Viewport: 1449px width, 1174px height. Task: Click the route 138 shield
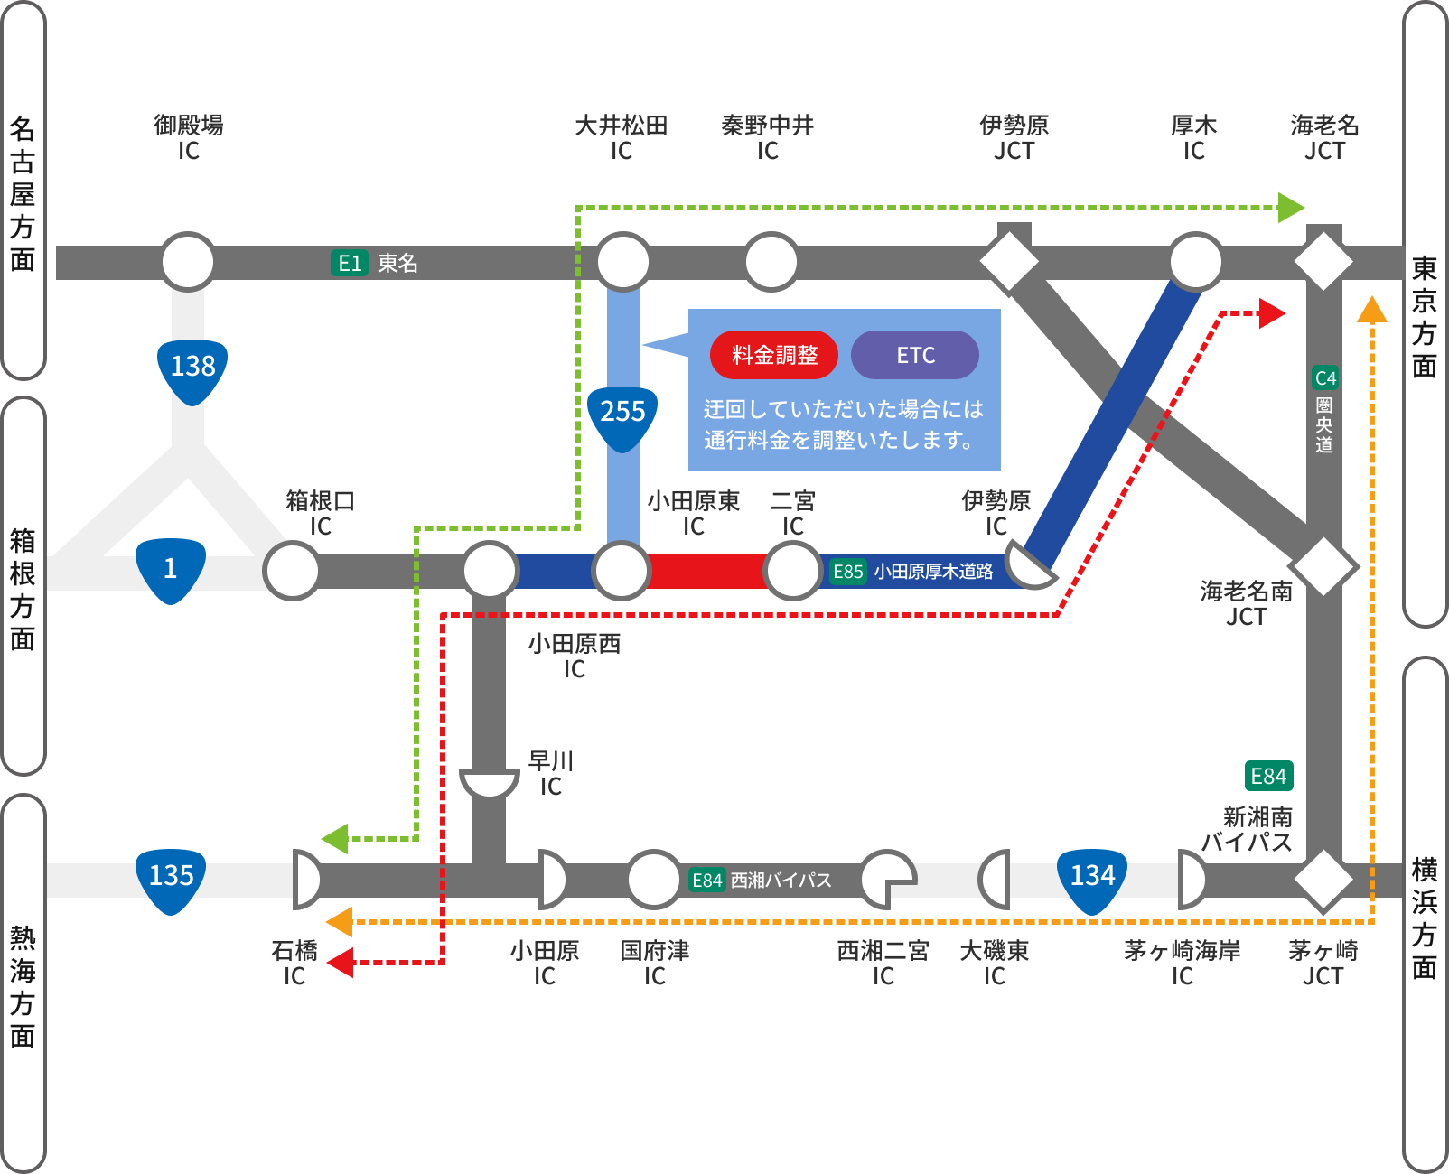192,368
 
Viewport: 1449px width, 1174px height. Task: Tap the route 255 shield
622,415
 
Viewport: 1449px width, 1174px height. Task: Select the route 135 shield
171,878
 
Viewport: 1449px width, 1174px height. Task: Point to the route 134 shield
1092,878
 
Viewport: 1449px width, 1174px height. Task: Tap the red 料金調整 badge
774,355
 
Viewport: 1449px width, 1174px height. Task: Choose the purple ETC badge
915,355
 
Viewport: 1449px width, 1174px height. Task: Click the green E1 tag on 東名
350,263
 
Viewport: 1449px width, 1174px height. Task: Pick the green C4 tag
1325,377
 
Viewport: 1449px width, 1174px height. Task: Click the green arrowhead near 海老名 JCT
1292,208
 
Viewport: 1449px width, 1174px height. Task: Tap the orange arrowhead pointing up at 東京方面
1372,310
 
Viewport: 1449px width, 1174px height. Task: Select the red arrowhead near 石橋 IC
341,963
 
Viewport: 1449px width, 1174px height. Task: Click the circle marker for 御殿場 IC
188,262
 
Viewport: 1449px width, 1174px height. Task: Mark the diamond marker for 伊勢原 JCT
1010,263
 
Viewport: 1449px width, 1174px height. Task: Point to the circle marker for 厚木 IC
1195,262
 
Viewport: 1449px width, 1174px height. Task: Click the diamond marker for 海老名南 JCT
1323,566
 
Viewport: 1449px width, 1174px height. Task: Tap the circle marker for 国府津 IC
654,879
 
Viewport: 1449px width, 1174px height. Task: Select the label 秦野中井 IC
768,137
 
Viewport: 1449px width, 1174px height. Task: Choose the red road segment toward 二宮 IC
706,571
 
